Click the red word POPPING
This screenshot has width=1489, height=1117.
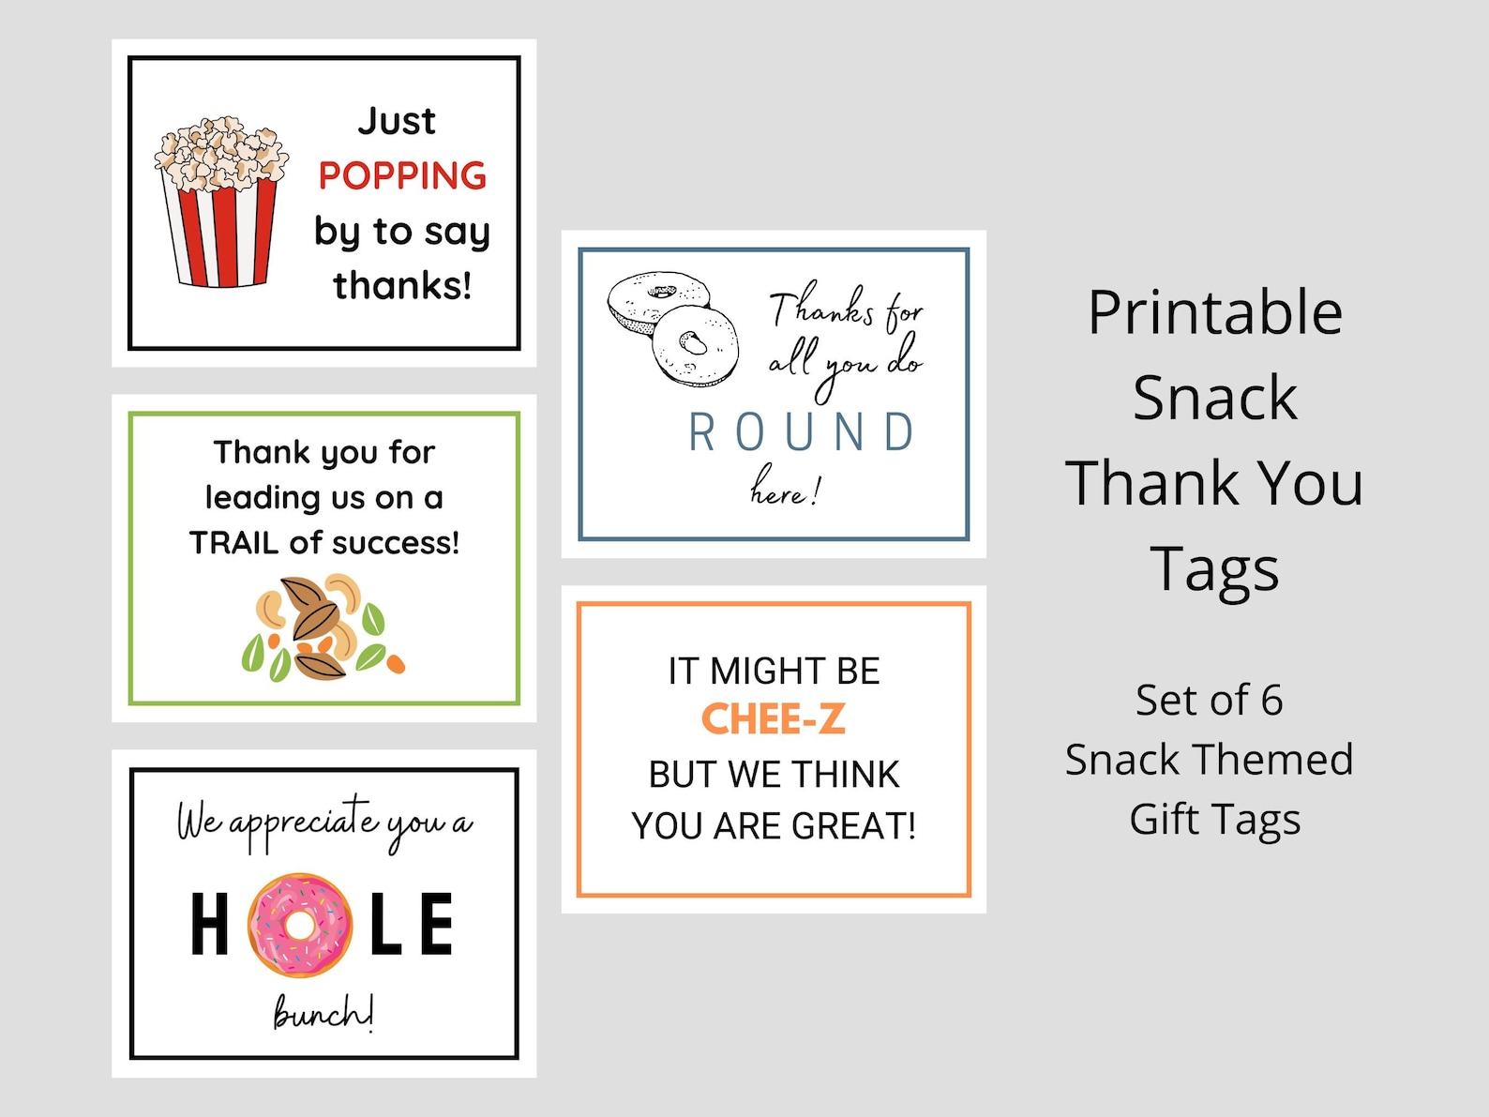coord(402,176)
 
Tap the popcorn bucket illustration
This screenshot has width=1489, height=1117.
coord(220,204)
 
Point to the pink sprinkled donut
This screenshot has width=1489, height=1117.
coord(300,925)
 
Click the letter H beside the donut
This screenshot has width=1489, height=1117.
coord(210,925)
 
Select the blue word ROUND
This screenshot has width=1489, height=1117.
coord(802,433)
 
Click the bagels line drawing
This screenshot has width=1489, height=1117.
coord(672,327)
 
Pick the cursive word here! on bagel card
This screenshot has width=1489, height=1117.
coord(784,488)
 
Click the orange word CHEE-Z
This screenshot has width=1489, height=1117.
coord(774,720)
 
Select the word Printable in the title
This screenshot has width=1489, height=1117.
coord(1215,313)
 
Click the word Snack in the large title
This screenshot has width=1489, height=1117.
coord(1214,399)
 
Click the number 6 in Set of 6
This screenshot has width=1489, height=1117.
coord(1271,701)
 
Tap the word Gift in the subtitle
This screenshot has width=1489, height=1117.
coord(1165,820)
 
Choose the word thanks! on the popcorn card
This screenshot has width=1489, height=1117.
coord(402,286)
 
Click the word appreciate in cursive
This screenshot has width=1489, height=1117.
coord(304,823)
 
